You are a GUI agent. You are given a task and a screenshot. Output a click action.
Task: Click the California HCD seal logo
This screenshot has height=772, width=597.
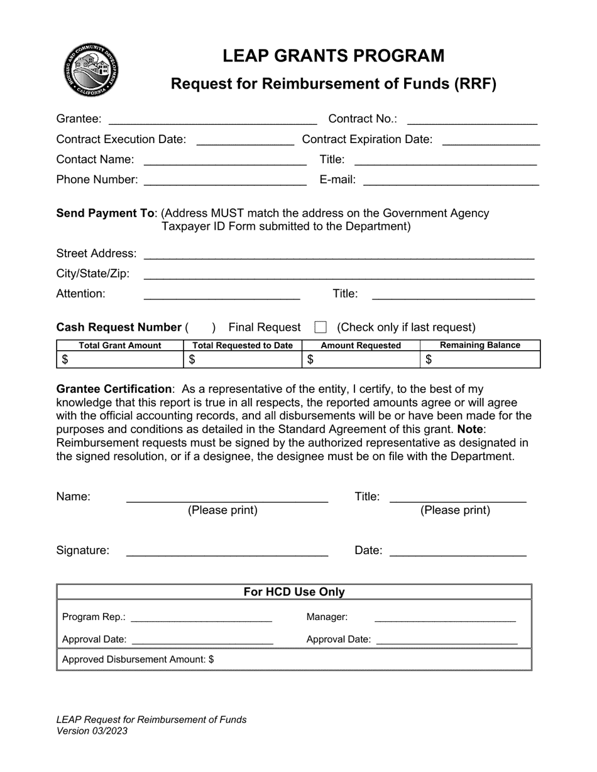(x=91, y=70)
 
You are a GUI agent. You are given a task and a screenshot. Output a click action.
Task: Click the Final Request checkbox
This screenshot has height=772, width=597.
(x=320, y=327)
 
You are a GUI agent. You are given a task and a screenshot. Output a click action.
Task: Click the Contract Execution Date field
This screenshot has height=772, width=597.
(x=245, y=141)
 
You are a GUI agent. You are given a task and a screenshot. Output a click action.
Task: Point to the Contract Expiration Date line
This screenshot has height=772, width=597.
(x=491, y=141)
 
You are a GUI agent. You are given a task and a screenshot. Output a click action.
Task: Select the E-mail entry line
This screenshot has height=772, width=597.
(x=451, y=181)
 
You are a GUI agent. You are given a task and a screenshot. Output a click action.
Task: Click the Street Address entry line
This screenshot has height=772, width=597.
(x=339, y=254)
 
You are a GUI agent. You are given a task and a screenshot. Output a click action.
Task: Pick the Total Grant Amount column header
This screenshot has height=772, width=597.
(x=120, y=345)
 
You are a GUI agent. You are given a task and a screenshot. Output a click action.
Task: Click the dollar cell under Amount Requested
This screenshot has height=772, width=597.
(x=361, y=360)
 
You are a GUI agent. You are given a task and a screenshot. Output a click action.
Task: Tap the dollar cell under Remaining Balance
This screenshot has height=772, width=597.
(x=480, y=360)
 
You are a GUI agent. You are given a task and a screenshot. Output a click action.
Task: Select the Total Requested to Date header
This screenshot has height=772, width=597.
(x=243, y=345)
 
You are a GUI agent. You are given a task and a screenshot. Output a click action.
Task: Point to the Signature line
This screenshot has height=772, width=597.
(x=227, y=552)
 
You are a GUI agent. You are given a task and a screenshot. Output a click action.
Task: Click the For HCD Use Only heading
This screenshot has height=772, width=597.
(x=294, y=592)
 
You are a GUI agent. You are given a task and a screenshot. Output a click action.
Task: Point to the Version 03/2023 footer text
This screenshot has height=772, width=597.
(x=92, y=731)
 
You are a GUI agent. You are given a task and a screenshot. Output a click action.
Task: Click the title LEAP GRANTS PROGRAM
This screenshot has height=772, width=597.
(x=333, y=56)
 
